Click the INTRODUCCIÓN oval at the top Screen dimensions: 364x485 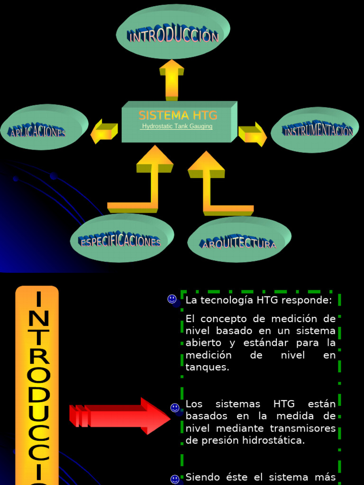click(x=173, y=32)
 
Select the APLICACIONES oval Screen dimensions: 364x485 click(x=44, y=127)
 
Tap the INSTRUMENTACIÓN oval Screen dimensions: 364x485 click(x=315, y=130)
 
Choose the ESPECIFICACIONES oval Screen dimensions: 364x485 click(x=122, y=238)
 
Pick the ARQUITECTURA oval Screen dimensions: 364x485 click(x=239, y=239)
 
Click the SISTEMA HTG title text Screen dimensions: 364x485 click(x=178, y=116)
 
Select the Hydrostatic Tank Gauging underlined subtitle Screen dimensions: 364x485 click(x=177, y=126)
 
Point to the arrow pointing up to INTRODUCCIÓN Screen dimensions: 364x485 click(x=172, y=81)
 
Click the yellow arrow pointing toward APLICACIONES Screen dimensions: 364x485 click(x=104, y=132)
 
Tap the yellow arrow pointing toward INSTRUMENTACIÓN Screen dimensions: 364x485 click(x=253, y=134)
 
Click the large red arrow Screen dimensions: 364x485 click(x=119, y=416)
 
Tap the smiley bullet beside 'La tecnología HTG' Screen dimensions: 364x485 click(x=172, y=299)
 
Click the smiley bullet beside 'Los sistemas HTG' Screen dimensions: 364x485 click(x=175, y=408)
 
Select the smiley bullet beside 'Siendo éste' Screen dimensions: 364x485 click(x=175, y=479)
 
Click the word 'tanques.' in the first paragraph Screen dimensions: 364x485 click(x=208, y=367)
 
